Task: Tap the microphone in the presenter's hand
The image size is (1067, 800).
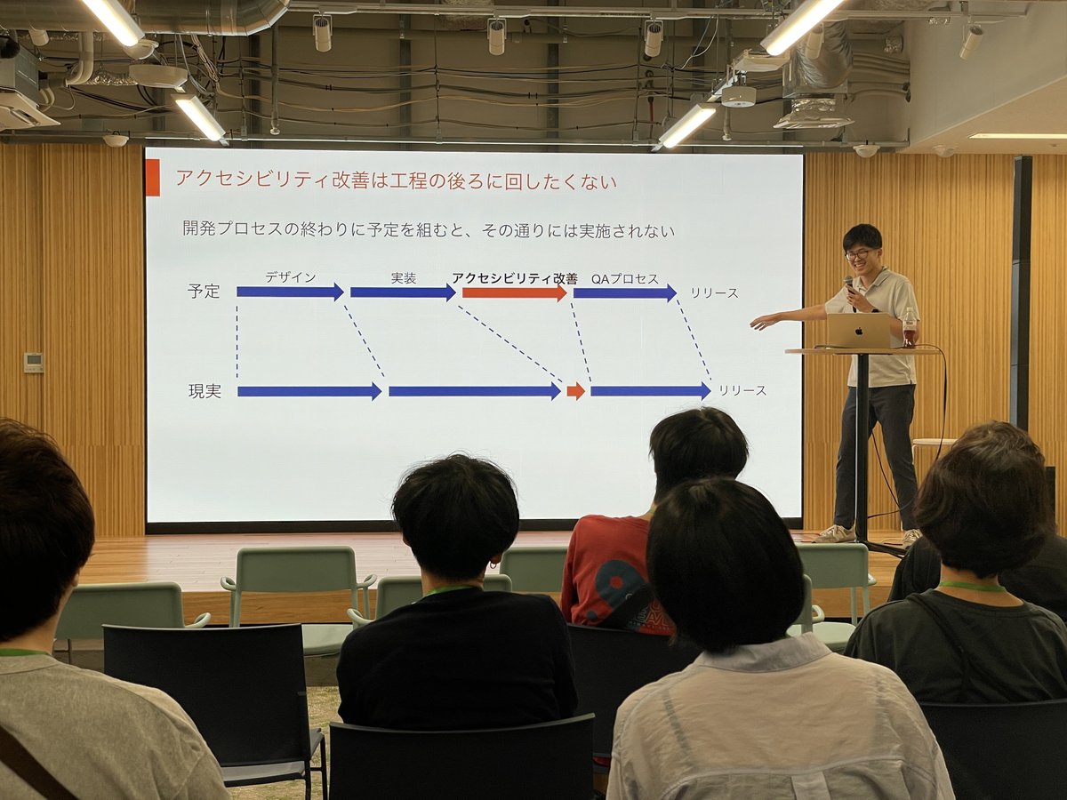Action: (849, 284)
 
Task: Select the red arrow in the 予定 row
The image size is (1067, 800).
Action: (515, 293)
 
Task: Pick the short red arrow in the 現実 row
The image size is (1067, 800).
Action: (575, 391)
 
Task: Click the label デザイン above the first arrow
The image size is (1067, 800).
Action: (290, 277)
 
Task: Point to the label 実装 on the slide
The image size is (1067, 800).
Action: (404, 278)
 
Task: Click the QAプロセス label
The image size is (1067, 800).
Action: (625, 279)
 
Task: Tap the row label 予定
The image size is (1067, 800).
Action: (204, 292)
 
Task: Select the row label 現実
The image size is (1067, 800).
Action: (205, 391)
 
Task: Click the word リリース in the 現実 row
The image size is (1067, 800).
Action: (742, 390)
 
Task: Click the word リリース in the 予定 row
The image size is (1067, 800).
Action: (715, 293)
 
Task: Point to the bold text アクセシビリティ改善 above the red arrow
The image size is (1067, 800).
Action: (515, 278)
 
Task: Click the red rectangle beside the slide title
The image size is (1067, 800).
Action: (153, 179)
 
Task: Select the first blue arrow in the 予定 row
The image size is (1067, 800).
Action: (290, 292)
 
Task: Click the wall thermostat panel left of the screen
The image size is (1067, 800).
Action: (34, 360)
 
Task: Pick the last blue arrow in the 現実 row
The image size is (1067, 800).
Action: (650, 391)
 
